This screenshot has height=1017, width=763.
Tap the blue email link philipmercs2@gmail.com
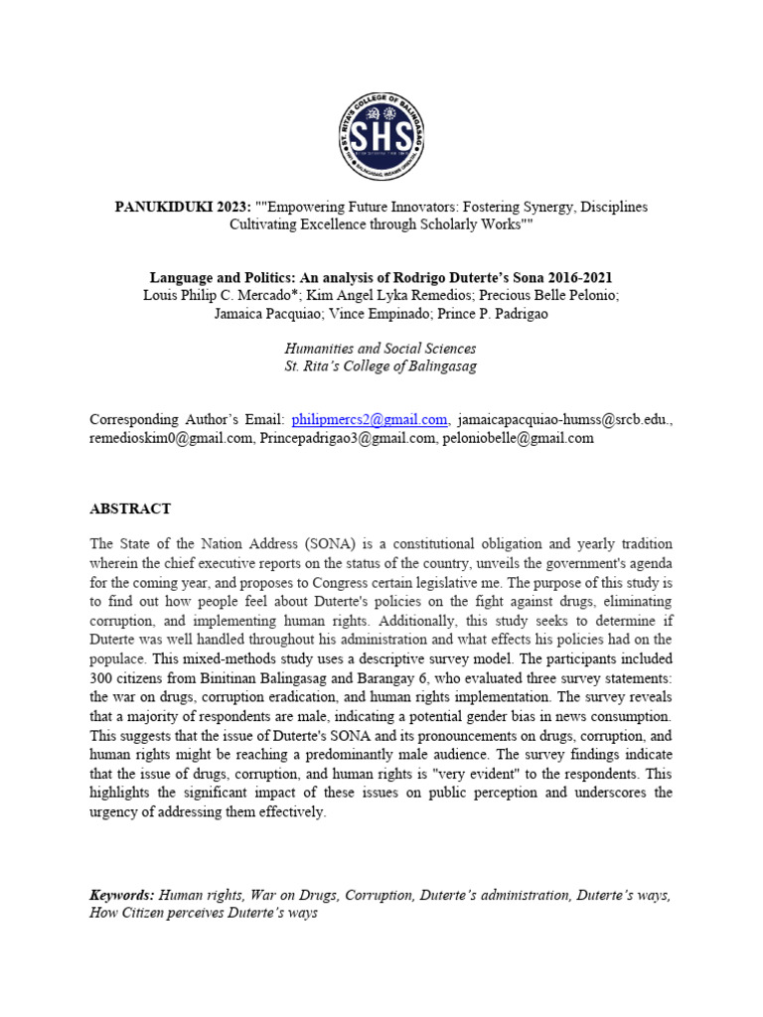coord(370,419)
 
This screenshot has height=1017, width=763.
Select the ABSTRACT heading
coord(130,508)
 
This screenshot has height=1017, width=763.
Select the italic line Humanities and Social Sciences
coord(381,349)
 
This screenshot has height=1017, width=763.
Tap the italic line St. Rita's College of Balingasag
coord(381,366)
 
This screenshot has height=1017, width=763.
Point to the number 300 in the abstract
coord(103,678)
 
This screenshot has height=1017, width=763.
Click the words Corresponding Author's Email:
coord(187,419)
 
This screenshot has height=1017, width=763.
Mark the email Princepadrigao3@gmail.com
coord(348,438)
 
